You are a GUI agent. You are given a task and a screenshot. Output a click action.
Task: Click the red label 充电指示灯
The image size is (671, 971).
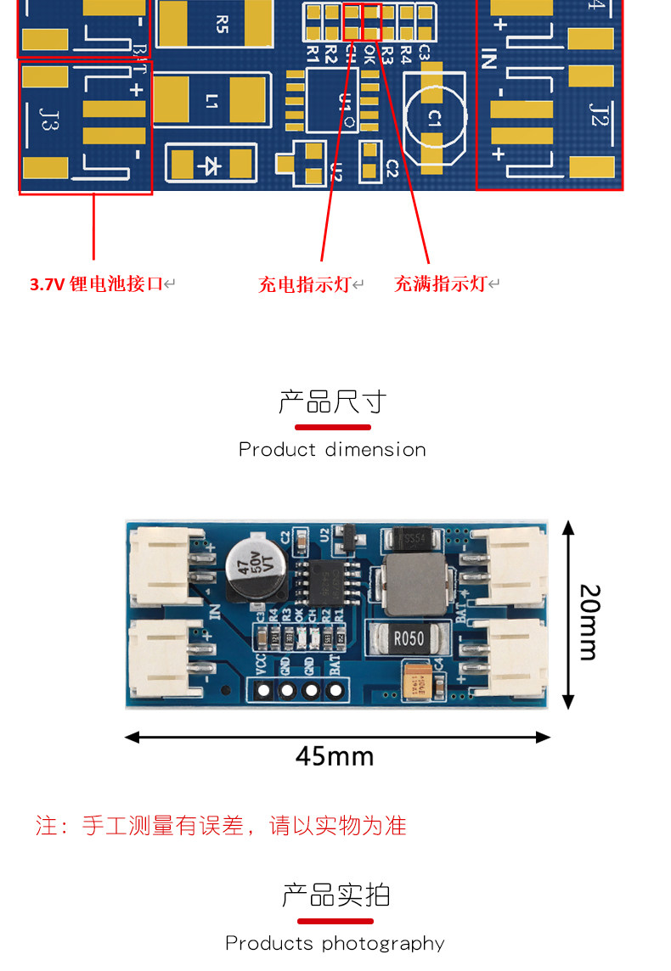click(305, 284)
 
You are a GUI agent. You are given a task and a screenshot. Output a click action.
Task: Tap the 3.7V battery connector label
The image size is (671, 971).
click(96, 284)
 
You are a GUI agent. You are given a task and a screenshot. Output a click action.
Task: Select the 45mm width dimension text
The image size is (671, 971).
click(335, 755)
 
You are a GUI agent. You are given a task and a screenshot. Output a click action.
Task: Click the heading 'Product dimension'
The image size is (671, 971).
click(332, 449)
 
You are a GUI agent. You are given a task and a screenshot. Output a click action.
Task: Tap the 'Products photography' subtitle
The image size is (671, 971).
click(335, 943)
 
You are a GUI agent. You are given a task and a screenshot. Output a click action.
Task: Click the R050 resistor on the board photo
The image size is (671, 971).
click(408, 638)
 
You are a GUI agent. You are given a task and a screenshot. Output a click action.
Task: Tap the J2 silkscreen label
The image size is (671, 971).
click(600, 114)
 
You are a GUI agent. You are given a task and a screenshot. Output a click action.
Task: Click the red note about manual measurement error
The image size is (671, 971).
click(221, 825)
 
